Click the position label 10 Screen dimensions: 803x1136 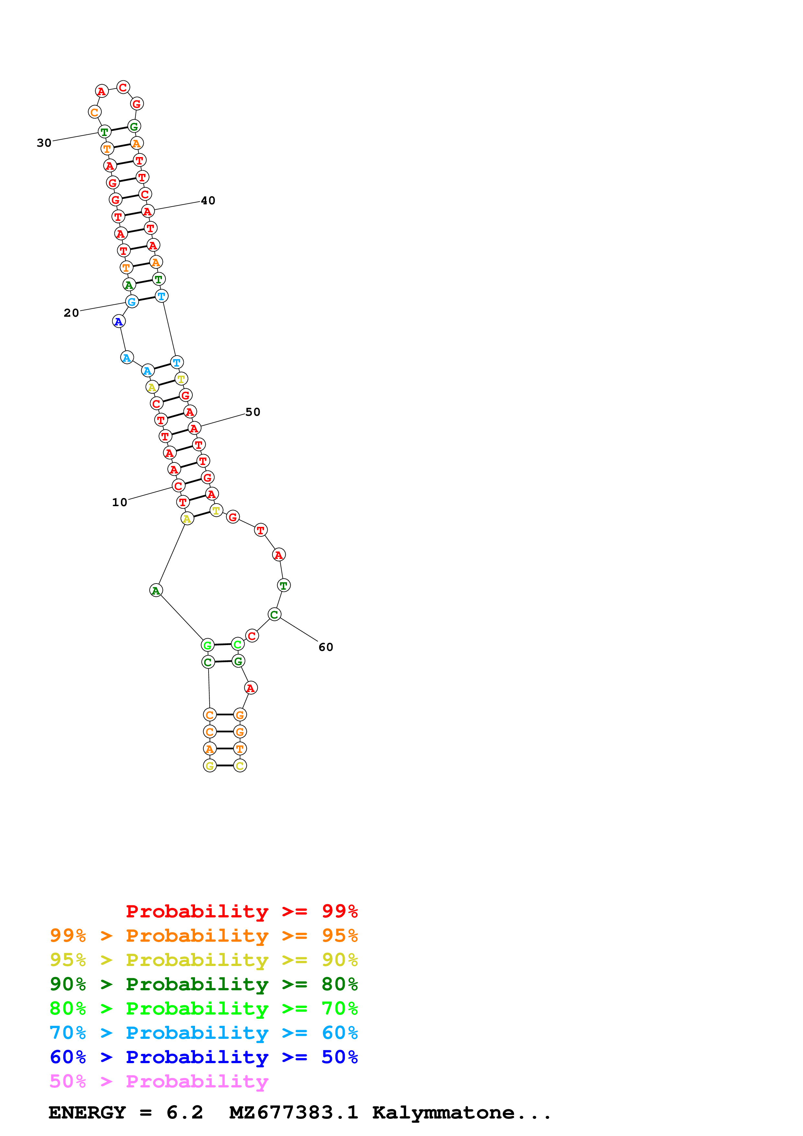(119, 503)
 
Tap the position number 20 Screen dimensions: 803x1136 (71, 313)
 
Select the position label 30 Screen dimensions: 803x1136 (44, 143)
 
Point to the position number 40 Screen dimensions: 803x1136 (208, 201)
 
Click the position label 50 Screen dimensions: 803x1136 (253, 412)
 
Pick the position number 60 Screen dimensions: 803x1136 (326, 647)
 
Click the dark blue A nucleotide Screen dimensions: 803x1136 (119, 322)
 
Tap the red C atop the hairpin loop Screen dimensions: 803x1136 (123, 87)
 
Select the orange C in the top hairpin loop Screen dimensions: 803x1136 (95, 112)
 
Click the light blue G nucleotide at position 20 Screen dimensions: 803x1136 (132, 302)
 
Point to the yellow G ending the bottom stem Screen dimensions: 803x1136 (210, 766)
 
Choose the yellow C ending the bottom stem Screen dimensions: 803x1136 (240, 766)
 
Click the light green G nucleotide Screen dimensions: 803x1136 (208, 645)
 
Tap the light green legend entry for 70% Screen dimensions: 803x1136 (203, 1008)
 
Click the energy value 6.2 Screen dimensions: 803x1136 (185, 1113)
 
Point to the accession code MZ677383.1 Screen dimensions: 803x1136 (293, 1113)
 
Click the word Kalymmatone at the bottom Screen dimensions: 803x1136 (443, 1113)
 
